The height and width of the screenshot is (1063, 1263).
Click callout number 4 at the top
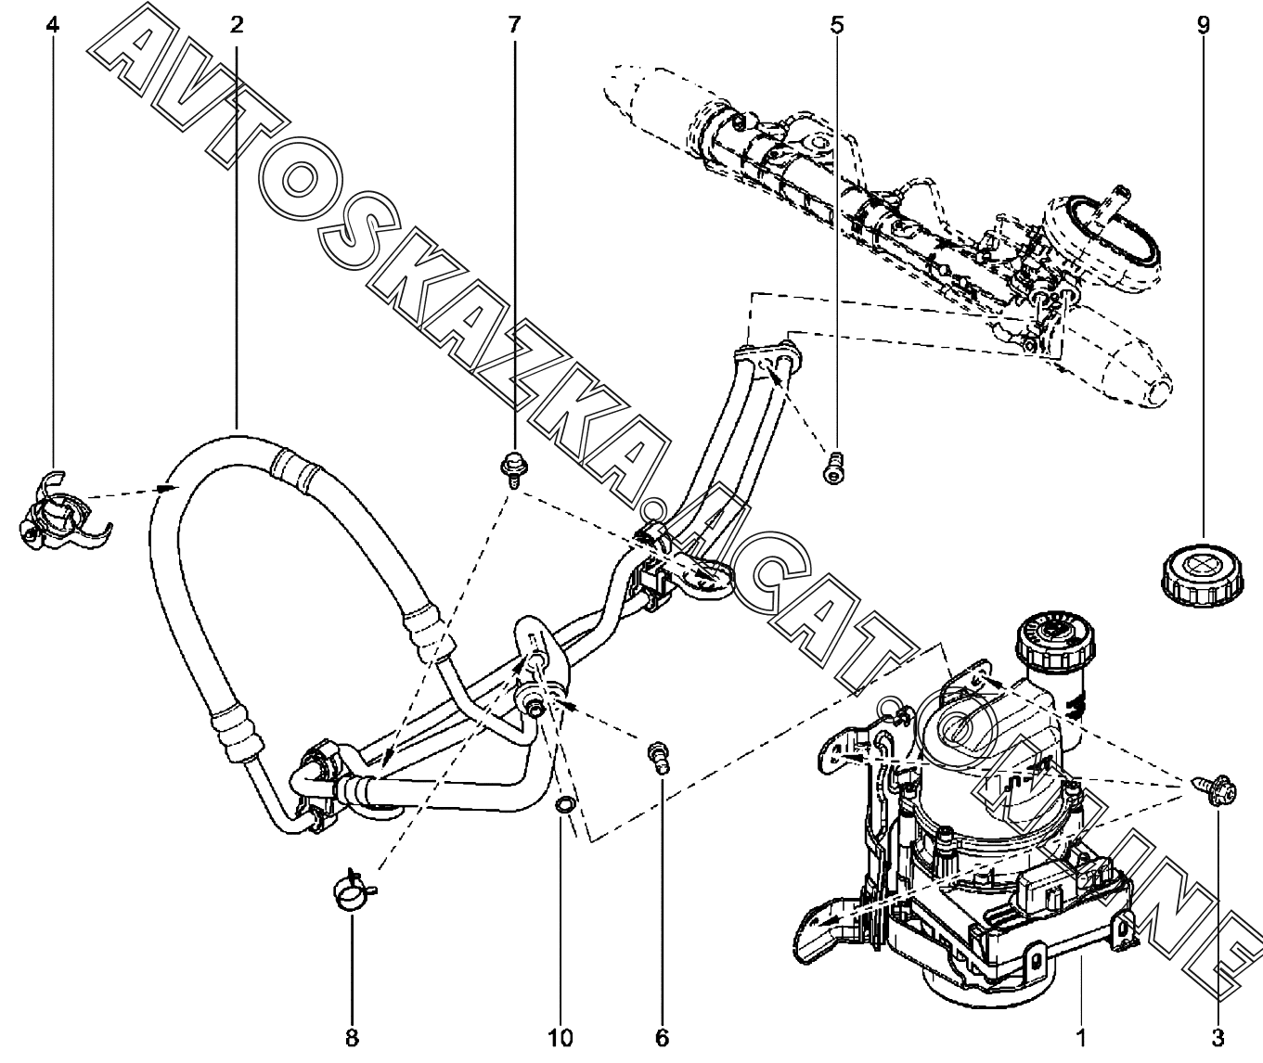[53, 25]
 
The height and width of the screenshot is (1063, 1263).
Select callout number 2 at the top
[237, 25]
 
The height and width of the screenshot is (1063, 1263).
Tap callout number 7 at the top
[513, 25]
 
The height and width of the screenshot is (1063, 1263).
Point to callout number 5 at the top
[836, 25]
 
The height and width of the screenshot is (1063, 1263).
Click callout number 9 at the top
[1203, 25]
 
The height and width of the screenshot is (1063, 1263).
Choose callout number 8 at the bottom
[352, 1038]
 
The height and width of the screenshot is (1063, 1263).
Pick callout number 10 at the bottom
[561, 1038]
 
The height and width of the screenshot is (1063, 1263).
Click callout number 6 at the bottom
[663, 1038]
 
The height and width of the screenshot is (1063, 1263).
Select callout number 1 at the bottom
[1081, 1038]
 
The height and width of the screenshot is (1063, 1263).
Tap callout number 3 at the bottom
[1218, 1038]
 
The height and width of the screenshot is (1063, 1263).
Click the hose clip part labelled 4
[63, 511]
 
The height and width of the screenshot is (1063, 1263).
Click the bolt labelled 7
[514, 469]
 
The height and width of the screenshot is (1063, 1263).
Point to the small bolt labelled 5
[834, 467]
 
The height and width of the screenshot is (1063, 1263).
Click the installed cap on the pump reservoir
[1055, 639]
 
